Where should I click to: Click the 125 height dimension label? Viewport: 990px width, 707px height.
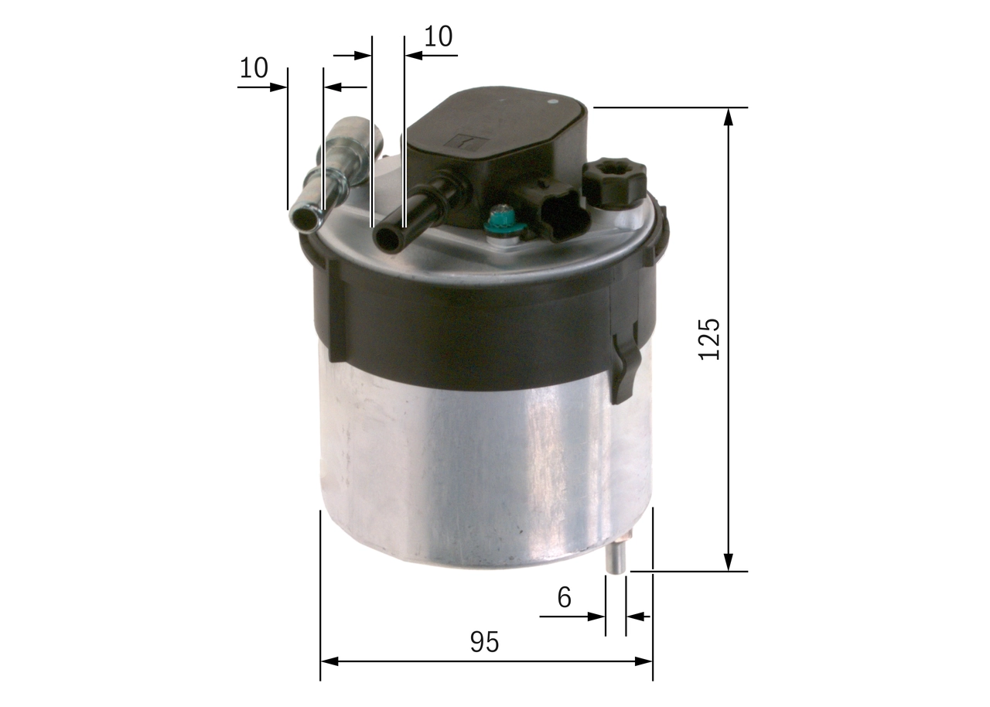click(x=709, y=338)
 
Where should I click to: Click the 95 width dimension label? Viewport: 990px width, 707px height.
click(x=485, y=642)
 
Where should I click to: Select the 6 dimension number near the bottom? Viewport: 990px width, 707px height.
click(x=564, y=596)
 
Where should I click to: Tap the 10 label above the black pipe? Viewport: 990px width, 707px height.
click(x=438, y=36)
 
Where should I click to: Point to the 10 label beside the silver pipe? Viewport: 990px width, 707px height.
click(x=253, y=68)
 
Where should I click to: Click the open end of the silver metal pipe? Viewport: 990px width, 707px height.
click(x=304, y=218)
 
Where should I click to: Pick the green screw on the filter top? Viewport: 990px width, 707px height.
click(x=504, y=223)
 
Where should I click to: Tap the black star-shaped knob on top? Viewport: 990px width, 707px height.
click(x=613, y=181)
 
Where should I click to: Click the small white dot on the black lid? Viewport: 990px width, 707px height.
click(x=552, y=102)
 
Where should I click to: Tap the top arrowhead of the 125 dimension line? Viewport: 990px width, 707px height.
click(x=728, y=117)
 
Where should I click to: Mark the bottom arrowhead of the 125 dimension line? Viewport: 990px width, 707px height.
click(x=728, y=562)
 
